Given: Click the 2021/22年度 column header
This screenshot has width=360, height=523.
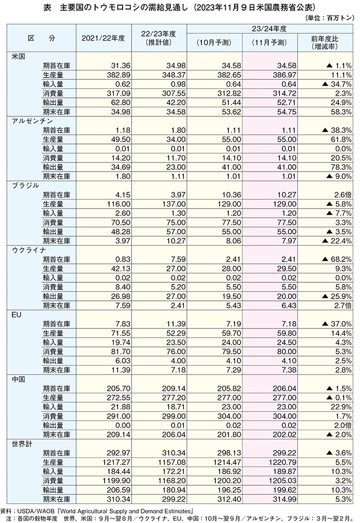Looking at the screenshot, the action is [103, 38].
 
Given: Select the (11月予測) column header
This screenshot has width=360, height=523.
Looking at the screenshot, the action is [269, 43].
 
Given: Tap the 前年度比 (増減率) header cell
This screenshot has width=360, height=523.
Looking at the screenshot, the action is [325, 43].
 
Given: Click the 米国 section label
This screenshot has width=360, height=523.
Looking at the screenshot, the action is [19, 56].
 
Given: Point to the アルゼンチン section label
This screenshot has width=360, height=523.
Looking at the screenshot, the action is [32, 121].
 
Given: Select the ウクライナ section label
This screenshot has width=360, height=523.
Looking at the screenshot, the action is [29, 250].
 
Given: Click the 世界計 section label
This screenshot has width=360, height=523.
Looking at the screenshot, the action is [22, 444].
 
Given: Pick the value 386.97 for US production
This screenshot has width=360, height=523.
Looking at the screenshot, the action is [284, 75].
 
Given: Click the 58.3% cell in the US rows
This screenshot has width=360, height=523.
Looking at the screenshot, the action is [341, 112].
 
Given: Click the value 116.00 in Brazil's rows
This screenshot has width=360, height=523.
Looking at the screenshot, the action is [119, 204].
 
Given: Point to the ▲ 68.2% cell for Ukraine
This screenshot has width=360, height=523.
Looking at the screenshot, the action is [337, 259].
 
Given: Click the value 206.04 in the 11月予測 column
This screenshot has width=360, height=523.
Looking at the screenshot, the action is [284, 389].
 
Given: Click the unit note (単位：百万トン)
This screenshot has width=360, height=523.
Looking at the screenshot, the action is [329, 18].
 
